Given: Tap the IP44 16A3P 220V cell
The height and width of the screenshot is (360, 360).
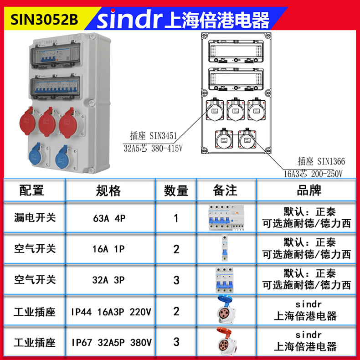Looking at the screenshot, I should pyautogui.click(x=111, y=312).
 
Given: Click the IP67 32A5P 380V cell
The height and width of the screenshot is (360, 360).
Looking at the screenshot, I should pyautogui.click(x=111, y=342).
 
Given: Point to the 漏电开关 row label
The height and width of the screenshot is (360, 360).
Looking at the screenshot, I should pyautogui.click(x=35, y=218).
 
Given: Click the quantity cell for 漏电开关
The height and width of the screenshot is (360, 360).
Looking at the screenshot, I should pyautogui.click(x=176, y=218).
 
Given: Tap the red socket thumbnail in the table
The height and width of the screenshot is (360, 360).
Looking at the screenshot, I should pyautogui.click(x=225, y=342).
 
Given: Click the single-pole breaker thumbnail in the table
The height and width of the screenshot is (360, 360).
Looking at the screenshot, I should pyautogui.click(x=224, y=249).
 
